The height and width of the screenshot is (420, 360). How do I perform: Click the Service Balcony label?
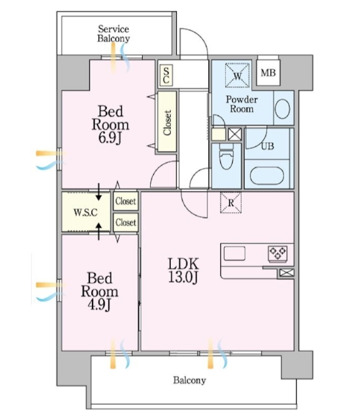point(113,34)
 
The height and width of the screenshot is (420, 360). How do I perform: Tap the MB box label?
point(268,74)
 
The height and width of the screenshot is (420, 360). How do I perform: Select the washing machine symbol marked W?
point(237,74)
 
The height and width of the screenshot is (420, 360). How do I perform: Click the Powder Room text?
point(241,104)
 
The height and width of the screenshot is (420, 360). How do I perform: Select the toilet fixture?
point(226,159)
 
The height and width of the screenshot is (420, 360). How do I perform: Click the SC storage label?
point(166,75)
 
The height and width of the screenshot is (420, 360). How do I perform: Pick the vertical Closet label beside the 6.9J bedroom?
point(167,122)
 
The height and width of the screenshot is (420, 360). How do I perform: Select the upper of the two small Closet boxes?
point(125,201)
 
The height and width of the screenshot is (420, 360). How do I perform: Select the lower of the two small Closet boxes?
point(125,221)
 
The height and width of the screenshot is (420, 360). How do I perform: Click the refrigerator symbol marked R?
point(230,202)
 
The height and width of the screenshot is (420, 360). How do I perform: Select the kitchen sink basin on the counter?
point(236,254)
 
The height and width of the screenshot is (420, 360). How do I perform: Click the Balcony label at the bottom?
point(189,380)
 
